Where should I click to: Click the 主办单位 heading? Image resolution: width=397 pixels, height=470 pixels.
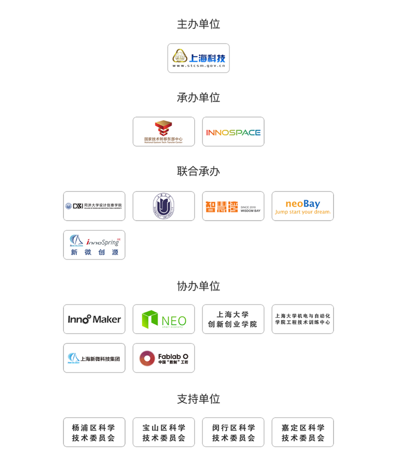[x=198, y=24]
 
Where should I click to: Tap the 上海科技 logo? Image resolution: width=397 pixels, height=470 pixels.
[x=198, y=58]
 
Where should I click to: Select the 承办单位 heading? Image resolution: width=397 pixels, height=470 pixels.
[x=198, y=97]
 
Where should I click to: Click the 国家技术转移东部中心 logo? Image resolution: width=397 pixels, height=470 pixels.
[x=163, y=132]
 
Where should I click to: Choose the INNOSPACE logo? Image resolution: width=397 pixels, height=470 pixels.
[x=233, y=132]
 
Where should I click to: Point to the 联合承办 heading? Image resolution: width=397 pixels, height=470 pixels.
[x=198, y=171]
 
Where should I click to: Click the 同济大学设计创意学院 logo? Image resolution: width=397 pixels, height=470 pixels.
[x=94, y=206]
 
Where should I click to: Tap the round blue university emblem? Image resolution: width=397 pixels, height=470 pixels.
[x=163, y=206]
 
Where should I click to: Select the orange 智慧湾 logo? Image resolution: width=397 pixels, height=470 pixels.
[x=233, y=206]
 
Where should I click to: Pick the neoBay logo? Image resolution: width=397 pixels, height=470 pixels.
[x=303, y=206]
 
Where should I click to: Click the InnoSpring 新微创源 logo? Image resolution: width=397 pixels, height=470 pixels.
[x=94, y=245]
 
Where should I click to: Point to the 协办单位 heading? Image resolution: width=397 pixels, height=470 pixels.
[x=198, y=286]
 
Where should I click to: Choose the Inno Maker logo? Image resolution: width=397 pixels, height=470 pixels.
[x=94, y=319]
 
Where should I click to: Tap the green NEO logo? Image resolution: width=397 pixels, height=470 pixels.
[x=163, y=319]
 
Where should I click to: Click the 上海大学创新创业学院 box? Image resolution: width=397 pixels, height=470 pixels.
[x=233, y=319]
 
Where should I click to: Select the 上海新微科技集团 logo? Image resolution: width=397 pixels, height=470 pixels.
[x=94, y=358]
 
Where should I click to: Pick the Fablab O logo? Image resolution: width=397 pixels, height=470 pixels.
[x=163, y=358]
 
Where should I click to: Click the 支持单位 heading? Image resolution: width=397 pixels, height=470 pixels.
[x=198, y=399]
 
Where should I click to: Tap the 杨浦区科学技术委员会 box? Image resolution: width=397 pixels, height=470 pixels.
[x=94, y=432]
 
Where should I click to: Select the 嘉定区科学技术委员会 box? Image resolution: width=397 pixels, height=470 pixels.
[x=303, y=432]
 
